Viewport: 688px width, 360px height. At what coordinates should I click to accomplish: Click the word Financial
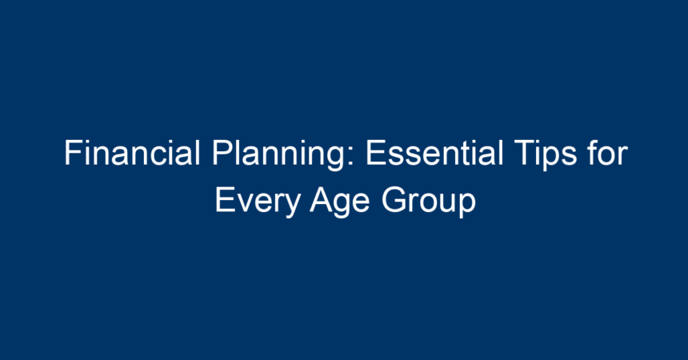coord(132,153)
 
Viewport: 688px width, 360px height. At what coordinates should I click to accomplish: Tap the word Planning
coord(278,155)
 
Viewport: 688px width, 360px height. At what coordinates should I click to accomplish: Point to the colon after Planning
coord(350,156)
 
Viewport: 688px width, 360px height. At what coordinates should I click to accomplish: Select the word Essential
coord(434,153)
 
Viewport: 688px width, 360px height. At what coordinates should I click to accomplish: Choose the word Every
coord(258,202)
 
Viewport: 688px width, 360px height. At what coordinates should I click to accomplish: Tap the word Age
coord(340,202)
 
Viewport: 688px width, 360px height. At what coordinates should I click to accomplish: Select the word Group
coord(429,202)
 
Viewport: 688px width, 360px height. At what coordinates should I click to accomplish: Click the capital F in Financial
coord(73,153)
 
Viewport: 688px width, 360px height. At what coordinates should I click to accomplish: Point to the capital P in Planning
coord(222,153)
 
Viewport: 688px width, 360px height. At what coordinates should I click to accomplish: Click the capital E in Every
coord(225,200)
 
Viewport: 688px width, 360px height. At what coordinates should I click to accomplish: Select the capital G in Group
coord(394,200)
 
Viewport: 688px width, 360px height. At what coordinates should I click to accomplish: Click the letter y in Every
coord(292,206)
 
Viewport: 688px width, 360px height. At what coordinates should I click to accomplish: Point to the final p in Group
coord(468,206)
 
